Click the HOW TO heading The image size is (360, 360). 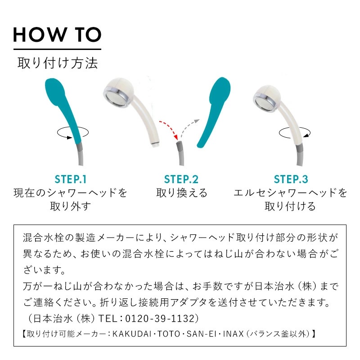[57, 35]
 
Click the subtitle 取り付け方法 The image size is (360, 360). [58, 63]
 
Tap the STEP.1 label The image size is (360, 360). [71, 179]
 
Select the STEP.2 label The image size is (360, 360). [181, 179]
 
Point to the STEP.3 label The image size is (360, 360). [291, 179]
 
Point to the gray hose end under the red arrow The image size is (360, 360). [180, 147]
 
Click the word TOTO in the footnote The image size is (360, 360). [169, 333]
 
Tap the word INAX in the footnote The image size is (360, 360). [233, 333]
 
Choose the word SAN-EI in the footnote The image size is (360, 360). [202, 333]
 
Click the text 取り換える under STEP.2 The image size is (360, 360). [182, 193]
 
